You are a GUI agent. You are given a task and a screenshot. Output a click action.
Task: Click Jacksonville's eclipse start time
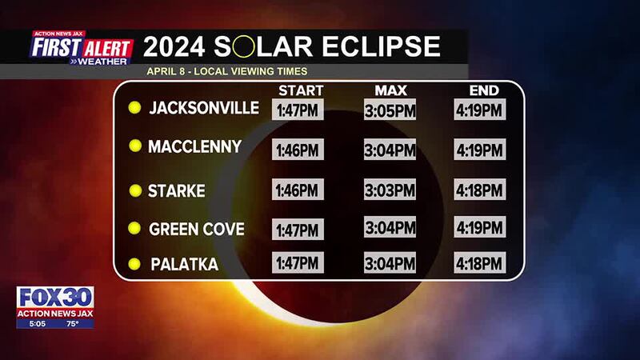[298, 110]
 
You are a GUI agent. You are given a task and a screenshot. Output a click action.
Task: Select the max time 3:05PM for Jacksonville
[390, 110]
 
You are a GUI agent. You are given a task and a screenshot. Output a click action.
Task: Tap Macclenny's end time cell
[479, 150]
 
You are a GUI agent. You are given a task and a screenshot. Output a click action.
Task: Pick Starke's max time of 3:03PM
[390, 190]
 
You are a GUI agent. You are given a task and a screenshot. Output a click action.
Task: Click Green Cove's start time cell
[298, 230]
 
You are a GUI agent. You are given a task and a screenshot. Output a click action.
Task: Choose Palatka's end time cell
[479, 262]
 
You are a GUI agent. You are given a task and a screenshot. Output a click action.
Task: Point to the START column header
[301, 90]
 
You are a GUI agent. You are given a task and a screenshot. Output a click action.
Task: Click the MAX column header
[390, 90]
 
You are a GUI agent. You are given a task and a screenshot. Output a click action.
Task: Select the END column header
[484, 90]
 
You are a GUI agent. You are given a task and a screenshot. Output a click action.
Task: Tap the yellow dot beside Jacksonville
[134, 107]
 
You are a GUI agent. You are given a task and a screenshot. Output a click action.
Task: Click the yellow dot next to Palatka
[134, 264]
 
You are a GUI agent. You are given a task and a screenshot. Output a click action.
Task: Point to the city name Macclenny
[194, 146]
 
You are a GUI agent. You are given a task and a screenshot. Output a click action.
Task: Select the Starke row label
[176, 190]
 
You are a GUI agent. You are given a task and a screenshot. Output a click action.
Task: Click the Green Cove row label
[196, 229]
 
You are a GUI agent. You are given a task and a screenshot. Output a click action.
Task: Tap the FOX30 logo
[55, 297]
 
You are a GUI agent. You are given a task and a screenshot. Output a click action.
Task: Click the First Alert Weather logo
[82, 48]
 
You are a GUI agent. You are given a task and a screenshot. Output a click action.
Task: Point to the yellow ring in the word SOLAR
[244, 46]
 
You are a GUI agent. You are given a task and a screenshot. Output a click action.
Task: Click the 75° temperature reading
[72, 324]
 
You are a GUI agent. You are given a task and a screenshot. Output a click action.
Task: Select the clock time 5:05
[37, 324]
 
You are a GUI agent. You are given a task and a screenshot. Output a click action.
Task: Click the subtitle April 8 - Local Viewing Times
[227, 71]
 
